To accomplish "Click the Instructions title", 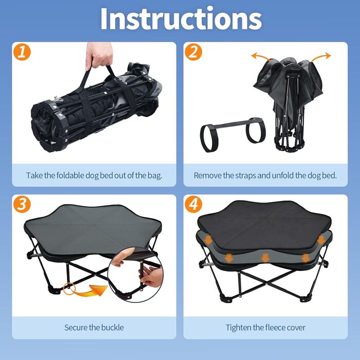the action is click(x=181, y=19).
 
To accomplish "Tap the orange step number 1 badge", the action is click(x=22, y=52).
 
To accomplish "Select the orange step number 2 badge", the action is click(x=193, y=52).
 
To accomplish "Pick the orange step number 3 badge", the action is click(x=22, y=204).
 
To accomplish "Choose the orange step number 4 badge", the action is click(x=193, y=204).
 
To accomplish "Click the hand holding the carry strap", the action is click(x=99, y=55).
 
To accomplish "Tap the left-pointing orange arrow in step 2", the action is click(x=261, y=57).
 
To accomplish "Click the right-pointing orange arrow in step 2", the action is click(x=321, y=57).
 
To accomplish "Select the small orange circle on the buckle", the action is click(x=69, y=289).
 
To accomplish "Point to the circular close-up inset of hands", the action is click(x=135, y=275).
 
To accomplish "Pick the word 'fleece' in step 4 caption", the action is click(x=273, y=328).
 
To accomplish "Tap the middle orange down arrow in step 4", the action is click(x=265, y=258).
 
